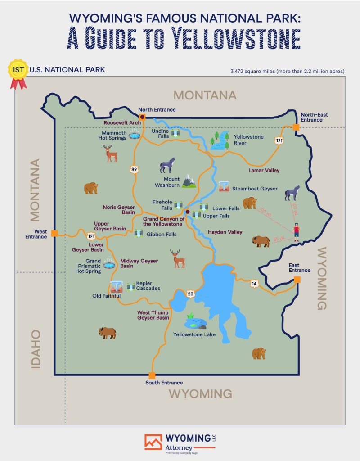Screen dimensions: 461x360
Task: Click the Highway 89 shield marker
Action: coord(134,169)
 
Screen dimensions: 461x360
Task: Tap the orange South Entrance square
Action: coord(152,375)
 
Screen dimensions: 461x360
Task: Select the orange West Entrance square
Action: coord(54,233)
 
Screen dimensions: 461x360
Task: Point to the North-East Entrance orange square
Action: coord(296,127)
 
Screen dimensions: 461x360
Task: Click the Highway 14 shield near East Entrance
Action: coord(254,284)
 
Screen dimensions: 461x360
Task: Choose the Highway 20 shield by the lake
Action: coord(190,294)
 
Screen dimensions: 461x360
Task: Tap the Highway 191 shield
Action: coord(91,235)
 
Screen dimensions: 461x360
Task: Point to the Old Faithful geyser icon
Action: coord(116,287)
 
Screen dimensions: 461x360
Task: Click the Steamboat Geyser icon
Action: coord(224,186)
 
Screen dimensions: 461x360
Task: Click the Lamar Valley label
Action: coord(264,171)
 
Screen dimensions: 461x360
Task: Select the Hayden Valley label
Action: coord(225,232)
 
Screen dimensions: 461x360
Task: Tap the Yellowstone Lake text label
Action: coord(194,334)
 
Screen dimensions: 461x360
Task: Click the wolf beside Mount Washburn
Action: coord(167,166)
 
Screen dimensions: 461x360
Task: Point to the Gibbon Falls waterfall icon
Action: coord(139,233)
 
